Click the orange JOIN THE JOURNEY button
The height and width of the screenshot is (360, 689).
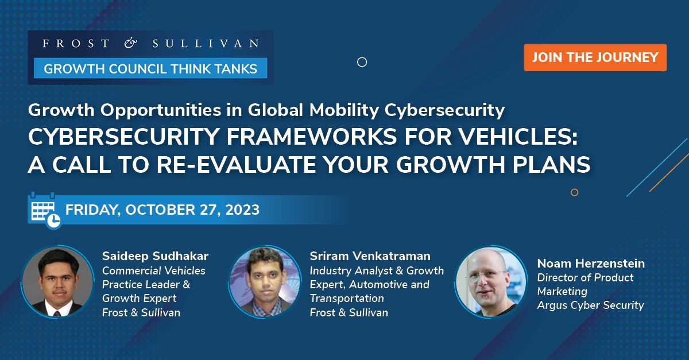(595, 57)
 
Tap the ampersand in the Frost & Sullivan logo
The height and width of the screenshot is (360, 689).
(131, 43)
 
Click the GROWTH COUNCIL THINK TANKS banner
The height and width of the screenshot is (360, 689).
(150, 68)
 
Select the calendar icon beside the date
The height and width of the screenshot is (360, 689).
(45, 211)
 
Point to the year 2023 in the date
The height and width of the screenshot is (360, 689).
(242, 210)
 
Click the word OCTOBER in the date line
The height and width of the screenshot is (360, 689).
(160, 210)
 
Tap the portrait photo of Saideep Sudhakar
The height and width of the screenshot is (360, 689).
(57, 281)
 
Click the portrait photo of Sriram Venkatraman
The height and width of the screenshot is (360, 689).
(265, 281)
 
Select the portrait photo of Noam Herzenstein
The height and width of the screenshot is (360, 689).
(491, 281)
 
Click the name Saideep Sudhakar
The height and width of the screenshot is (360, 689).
(156, 256)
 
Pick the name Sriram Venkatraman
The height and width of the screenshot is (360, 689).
(370, 256)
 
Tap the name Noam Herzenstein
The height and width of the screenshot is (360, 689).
(591, 264)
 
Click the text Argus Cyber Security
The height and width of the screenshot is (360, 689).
(591, 305)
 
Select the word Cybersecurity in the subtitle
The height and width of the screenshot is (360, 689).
(444, 110)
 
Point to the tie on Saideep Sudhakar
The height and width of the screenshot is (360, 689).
(57, 314)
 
